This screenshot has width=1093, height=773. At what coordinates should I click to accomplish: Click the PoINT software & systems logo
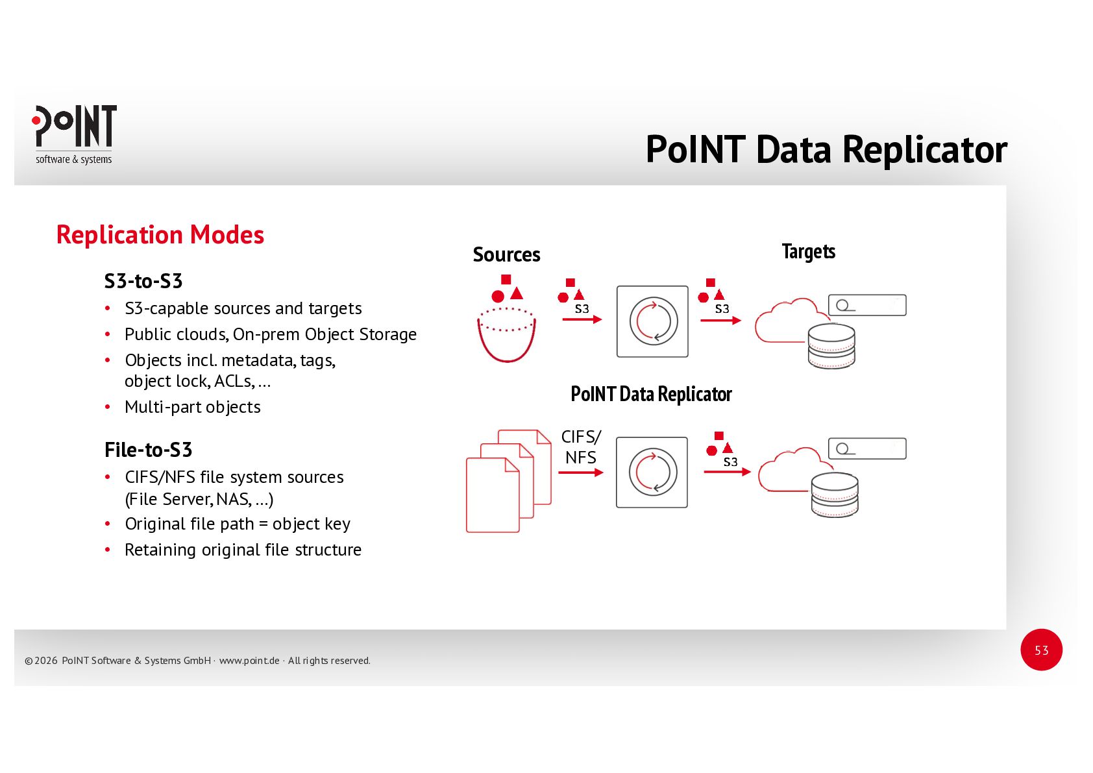click(74, 134)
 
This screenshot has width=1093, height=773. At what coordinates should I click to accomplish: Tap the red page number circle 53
click(1041, 650)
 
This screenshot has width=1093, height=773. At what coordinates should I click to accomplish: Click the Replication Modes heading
click(160, 235)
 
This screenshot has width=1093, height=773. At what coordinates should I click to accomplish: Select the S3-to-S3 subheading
click(143, 281)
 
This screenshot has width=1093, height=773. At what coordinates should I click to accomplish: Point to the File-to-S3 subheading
click(148, 450)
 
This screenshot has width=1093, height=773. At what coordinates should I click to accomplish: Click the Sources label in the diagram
click(506, 254)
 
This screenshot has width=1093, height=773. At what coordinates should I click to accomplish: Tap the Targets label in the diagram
click(808, 251)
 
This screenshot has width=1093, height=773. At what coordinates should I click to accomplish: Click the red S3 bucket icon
click(507, 334)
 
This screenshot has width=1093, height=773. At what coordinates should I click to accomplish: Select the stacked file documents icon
click(508, 481)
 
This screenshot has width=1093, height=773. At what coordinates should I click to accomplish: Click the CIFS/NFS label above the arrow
click(581, 447)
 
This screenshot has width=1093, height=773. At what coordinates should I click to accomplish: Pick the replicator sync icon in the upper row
click(652, 321)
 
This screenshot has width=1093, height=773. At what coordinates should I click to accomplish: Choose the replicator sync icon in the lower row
click(652, 472)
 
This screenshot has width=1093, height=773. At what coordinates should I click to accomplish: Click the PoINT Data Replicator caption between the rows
click(651, 394)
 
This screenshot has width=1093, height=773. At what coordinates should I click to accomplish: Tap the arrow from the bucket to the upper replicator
click(582, 319)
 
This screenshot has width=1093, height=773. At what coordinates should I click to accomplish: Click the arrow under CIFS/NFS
click(580, 472)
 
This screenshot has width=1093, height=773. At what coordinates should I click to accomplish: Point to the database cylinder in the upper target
click(831, 346)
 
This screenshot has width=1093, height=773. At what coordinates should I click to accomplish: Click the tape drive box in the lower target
click(866, 448)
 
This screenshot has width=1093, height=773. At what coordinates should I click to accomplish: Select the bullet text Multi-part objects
click(193, 407)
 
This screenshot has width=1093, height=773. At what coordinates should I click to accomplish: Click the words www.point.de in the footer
click(249, 661)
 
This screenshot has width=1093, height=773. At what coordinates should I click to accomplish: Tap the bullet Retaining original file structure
click(243, 550)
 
